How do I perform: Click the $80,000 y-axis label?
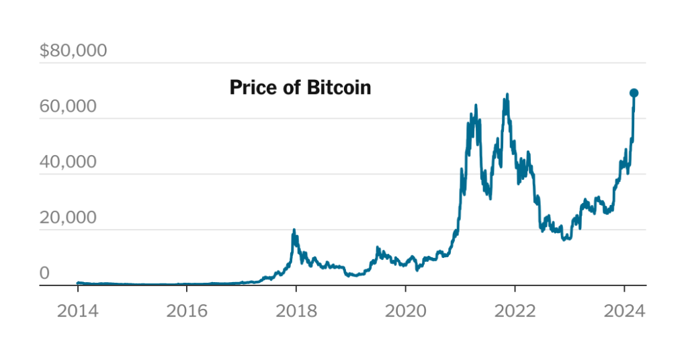click(x=73, y=51)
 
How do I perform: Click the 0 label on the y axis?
click(x=44, y=273)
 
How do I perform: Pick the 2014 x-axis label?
click(x=77, y=312)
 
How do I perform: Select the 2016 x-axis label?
click(x=186, y=312)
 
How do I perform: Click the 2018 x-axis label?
click(x=296, y=312)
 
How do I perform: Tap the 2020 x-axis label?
click(x=405, y=312)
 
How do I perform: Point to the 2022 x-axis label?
click(x=515, y=312)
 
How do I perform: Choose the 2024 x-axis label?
click(x=624, y=312)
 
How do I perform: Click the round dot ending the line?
click(x=634, y=93)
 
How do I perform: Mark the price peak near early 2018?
click(x=294, y=230)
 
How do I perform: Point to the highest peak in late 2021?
click(x=507, y=94)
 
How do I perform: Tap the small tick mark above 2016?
click(x=186, y=287)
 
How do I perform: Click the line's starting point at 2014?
click(x=78, y=283)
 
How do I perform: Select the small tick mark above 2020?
click(x=405, y=287)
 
